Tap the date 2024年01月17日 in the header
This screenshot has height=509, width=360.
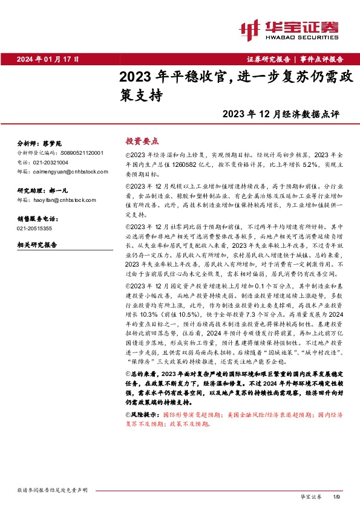[x=48, y=59]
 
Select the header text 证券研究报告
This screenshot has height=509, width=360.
[x=268, y=59]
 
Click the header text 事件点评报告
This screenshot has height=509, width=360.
[x=321, y=59]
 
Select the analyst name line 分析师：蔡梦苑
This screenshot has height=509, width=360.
[x=40, y=144]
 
